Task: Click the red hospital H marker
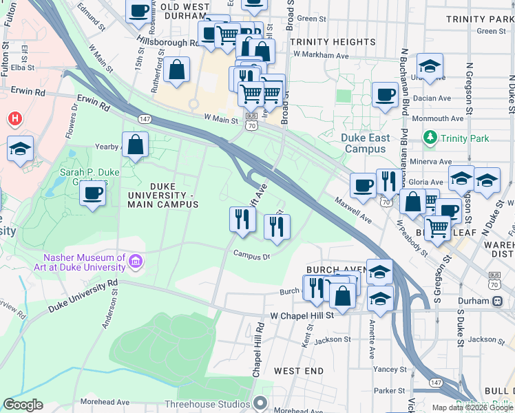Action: click(x=13, y=119)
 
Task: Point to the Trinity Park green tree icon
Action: click(x=430, y=138)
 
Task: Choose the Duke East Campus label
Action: click(x=365, y=143)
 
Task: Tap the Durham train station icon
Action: click(x=496, y=301)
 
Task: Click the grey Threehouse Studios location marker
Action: click(x=260, y=403)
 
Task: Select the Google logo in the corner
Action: click(x=23, y=405)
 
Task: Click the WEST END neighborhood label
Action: click(x=298, y=371)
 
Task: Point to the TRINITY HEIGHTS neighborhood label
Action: click(x=333, y=42)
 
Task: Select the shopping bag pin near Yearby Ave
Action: click(x=136, y=145)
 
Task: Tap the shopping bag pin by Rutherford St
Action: click(x=177, y=70)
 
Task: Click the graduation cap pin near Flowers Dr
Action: click(x=20, y=148)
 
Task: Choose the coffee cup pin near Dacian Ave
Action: click(x=385, y=94)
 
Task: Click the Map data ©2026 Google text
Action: click(x=472, y=407)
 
